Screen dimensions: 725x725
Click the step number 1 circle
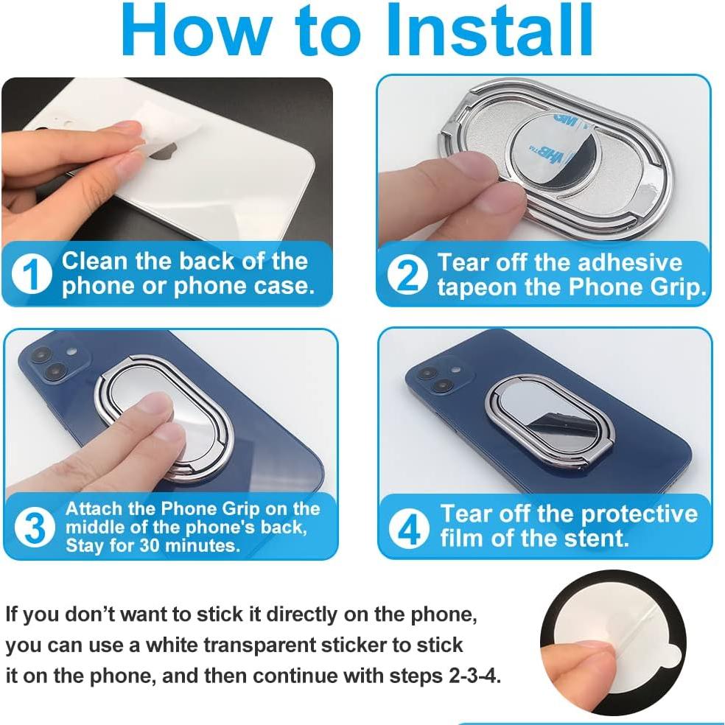click(x=32, y=274)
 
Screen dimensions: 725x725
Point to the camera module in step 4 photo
click(x=438, y=375)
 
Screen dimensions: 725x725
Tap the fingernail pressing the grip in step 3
click(x=154, y=403)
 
